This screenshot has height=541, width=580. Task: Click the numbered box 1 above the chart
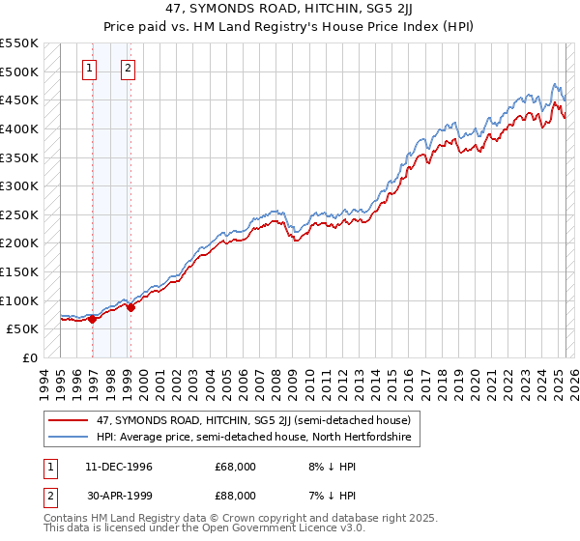coord(89,68)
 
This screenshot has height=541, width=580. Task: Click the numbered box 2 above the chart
coord(128,68)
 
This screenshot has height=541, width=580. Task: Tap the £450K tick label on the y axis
coord(19,100)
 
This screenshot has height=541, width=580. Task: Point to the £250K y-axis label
coord(19,214)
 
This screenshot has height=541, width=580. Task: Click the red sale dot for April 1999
coord(130,307)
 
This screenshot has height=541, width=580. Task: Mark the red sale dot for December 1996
coord(92,319)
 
